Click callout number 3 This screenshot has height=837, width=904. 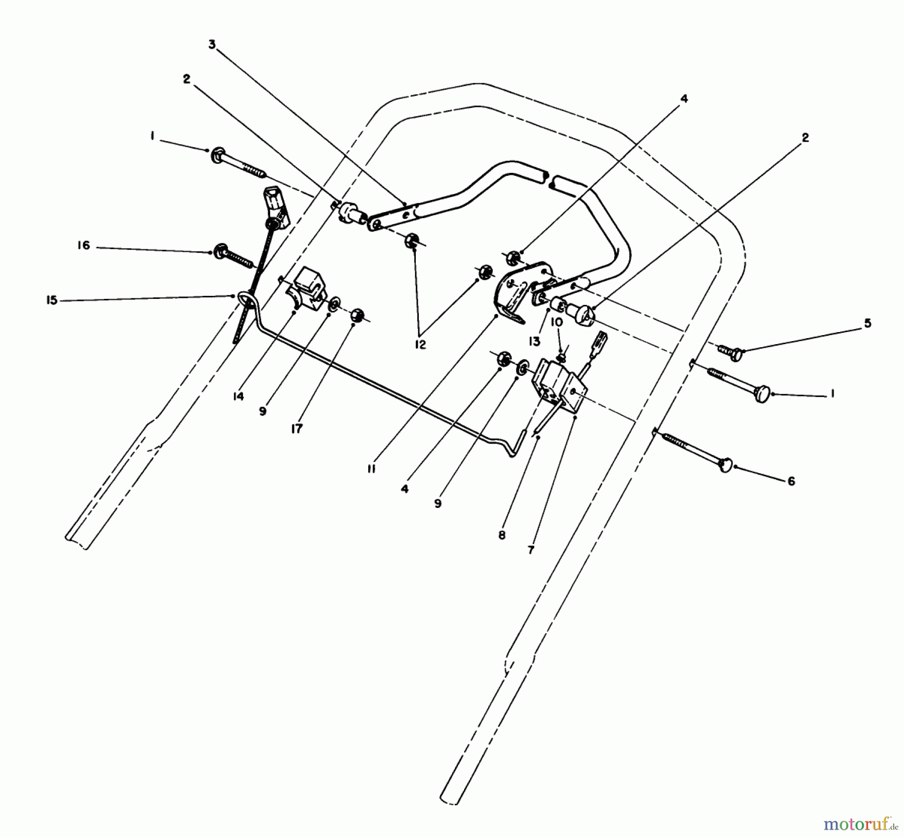[x=212, y=45]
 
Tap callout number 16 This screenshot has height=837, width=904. [x=84, y=246]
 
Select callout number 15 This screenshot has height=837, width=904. [x=52, y=301]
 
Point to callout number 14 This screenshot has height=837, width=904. [x=238, y=396]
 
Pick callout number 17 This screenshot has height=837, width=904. [x=297, y=429]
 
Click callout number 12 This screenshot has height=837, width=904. [x=420, y=345]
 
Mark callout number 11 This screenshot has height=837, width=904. [x=371, y=469]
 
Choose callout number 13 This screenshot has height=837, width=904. [x=534, y=341]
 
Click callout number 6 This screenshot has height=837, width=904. [x=791, y=481]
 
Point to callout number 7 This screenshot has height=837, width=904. [x=531, y=550]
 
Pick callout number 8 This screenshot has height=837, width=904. [x=502, y=536]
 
